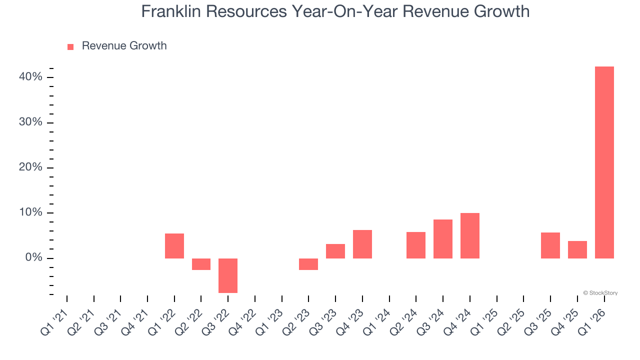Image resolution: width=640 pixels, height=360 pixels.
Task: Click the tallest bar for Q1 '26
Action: tap(604, 162)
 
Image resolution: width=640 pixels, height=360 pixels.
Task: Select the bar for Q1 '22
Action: tap(174, 246)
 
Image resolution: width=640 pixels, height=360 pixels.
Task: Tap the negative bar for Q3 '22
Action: tap(228, 275)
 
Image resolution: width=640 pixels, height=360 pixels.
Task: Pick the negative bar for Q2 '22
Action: tap(201, 264)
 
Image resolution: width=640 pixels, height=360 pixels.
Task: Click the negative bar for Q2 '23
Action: tap(308, 264)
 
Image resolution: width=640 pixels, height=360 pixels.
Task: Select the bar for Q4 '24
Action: tap(470, 236)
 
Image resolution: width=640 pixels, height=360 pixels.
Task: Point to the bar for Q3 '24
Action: tap(443, 239)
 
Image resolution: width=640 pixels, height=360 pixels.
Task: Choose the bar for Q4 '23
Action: tap(362, 244)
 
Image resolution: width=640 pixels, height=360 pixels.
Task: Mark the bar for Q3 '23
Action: tap(335, 251)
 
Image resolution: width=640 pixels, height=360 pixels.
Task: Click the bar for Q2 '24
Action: tap(416, 245)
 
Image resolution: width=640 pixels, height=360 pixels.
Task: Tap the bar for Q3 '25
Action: tap(550, 245)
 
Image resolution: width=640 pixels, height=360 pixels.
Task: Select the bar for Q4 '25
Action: tap(577, 249)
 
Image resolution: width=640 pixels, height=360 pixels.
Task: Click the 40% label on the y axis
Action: tap(30, 77)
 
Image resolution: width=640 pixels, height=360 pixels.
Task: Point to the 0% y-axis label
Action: tap(33, 258)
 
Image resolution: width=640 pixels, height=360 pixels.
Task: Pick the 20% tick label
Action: tap(30, 167)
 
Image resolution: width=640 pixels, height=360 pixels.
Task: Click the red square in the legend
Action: tap(70, 46)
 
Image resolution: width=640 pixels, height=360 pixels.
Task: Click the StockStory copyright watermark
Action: tap(600, 293)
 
